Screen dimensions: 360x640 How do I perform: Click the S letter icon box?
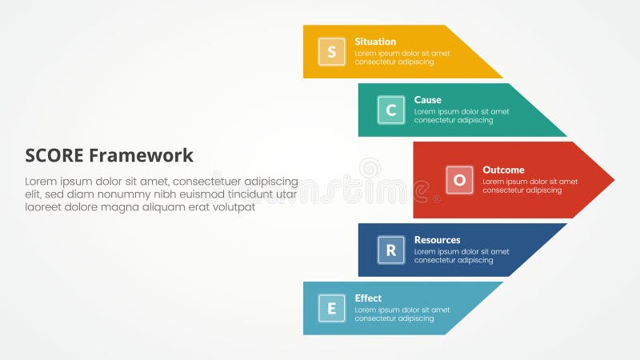(331, 52)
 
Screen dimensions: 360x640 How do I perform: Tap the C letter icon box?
(390, 110)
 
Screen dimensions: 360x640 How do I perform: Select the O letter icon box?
(459, 180)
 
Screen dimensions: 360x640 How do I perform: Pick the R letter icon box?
(390, 250)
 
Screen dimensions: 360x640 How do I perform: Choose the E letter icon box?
(331, 308)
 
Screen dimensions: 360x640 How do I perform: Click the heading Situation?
(375, 42)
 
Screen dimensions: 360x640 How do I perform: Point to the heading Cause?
(427, 100)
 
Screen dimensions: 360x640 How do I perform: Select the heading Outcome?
(503, 170)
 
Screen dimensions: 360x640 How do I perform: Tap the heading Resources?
(437, 239)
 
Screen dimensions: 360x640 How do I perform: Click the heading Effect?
(368, 298)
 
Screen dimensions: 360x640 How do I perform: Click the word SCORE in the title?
(54, 155)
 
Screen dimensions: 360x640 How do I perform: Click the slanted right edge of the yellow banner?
(474, 52)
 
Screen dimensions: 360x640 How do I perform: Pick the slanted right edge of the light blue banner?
(474, 308)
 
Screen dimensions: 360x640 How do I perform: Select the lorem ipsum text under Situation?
(402, 58)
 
